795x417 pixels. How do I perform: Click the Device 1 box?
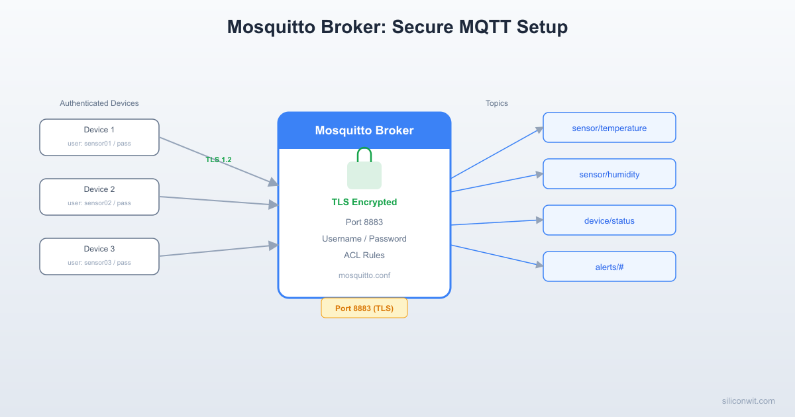(99, 137)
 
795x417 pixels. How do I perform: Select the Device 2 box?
(99, 197)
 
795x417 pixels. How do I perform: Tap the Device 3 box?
(99, 256)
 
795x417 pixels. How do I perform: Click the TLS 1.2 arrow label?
(219, 160)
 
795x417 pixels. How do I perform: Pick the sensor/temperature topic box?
(609, 128)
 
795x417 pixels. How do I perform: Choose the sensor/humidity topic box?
(609, 174)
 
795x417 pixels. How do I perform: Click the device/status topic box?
(609, 220)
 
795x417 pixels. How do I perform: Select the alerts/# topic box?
(609, 267)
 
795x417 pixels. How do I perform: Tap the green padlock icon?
(364, 169)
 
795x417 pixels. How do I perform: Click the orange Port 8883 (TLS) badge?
(364, 308)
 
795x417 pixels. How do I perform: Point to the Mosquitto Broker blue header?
(364, 130)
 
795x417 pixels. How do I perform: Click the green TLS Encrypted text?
(364, 202)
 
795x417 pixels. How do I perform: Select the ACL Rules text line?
(364, 255)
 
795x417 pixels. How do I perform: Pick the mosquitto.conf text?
(364, 275)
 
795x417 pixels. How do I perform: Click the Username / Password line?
(364, 238)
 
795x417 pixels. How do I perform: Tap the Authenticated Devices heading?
(99, 103)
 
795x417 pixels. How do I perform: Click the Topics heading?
(496, 103)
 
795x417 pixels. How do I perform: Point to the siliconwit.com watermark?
(748, 400)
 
